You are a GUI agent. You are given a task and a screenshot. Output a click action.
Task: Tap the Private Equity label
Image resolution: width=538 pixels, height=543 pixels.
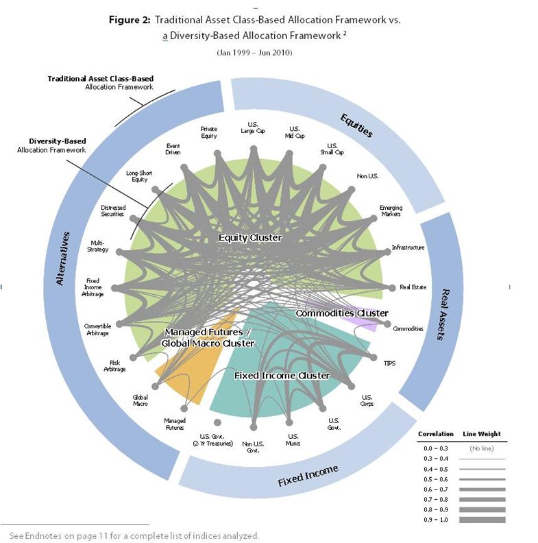click(208, 132)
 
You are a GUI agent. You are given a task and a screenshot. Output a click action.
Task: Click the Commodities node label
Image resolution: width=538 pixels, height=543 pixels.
click(408, 328)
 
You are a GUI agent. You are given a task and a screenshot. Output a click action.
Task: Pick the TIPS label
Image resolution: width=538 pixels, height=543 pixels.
click(389, 363)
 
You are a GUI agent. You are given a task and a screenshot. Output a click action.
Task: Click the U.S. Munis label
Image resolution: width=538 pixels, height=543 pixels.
click(293, 439)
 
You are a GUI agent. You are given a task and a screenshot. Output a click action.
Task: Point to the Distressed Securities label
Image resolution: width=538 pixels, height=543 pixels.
click(112, 210)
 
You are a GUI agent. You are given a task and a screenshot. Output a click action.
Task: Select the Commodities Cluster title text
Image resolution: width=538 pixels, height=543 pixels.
click(342, 313)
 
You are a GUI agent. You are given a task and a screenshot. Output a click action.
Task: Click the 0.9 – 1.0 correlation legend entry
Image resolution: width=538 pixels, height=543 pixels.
click(432, 520)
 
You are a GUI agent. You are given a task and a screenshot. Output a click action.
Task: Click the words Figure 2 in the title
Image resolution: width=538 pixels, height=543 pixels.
click(134, 21)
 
